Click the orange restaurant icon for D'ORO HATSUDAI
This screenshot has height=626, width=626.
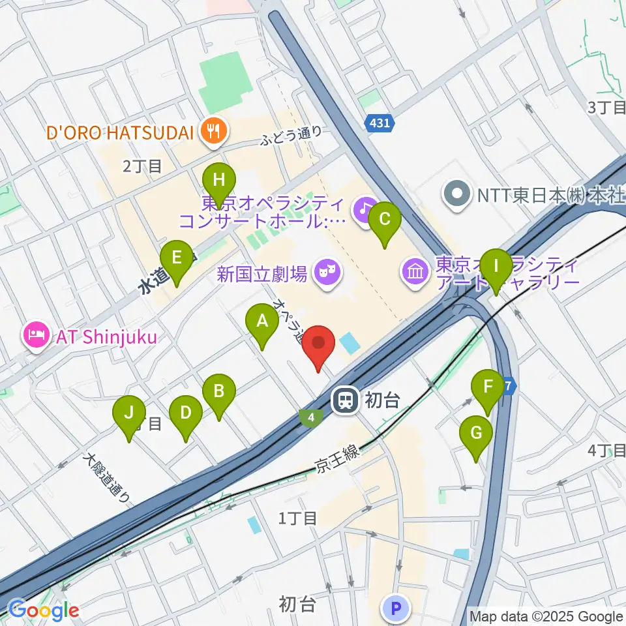coord(213,132)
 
